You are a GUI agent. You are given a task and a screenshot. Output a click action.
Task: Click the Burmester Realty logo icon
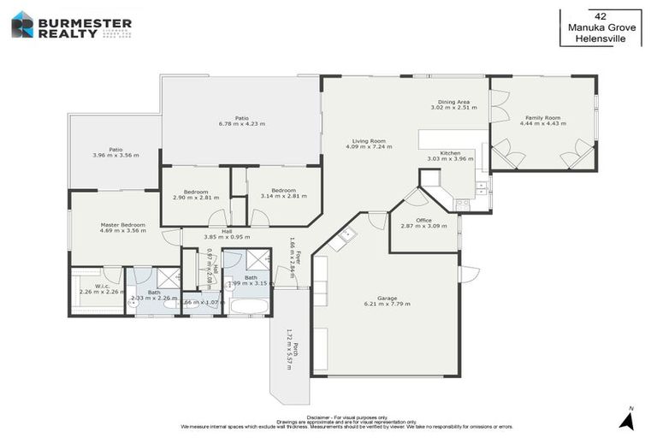pyautogui.click(x=21, y=24)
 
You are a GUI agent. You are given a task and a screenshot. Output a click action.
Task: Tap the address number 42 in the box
pyautogui.click(x=600, y=15)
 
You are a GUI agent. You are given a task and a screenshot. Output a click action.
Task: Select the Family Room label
pyautogui.click(x=542, y=117)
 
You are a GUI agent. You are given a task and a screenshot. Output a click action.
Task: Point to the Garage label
pyautogui.click(x=387, y=298)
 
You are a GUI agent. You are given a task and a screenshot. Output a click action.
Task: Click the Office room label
pyautogui.click(x=423, y=220)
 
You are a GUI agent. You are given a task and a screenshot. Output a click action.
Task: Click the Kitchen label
pyautogui.click(x=450, y=152)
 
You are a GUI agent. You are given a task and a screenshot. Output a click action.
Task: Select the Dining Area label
pyautogui.click(x=453, y=102)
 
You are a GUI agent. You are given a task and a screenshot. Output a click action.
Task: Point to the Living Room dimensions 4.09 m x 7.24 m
pyautogui.click(x=369, y=146)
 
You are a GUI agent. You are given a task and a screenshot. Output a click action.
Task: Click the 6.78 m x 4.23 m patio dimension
pyautogui.click(x=241, y=124)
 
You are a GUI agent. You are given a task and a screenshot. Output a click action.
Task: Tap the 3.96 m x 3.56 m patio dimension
pyautogui.click(x=115, y=155)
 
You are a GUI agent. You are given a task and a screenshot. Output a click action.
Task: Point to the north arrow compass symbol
pyautogui.click(x=627, y=419)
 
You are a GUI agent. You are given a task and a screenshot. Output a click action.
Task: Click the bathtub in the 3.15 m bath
pyautogui.click(x=249, y=305)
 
